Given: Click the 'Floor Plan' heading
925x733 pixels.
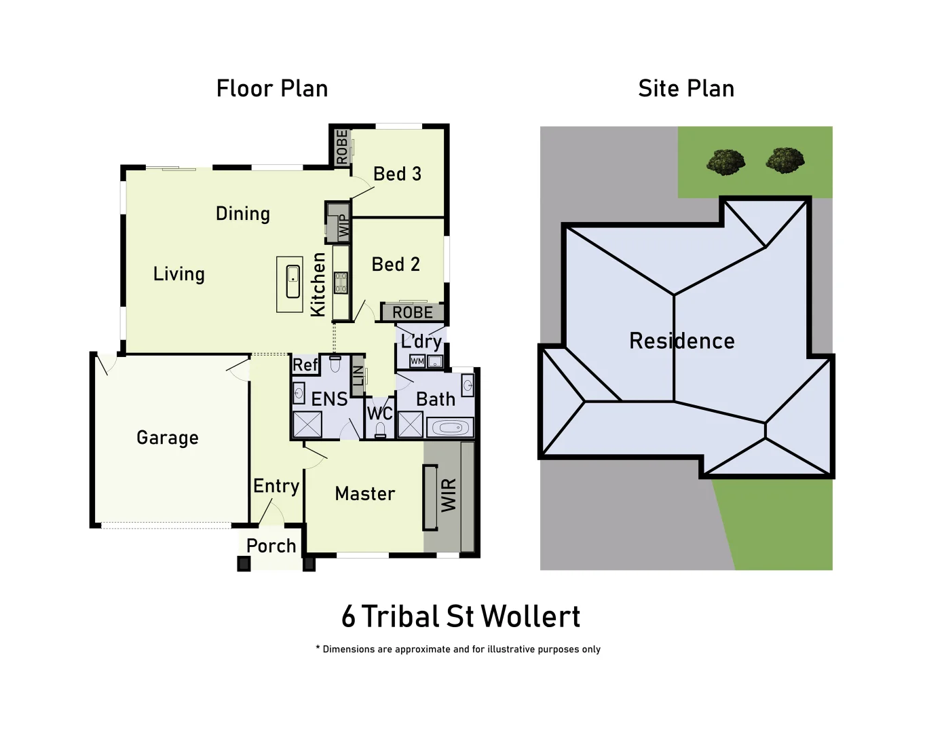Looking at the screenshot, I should (x=271, y=89).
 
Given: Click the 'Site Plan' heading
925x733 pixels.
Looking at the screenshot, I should (x=685, y=89).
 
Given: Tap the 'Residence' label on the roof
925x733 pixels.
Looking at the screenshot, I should (x=681, y=341).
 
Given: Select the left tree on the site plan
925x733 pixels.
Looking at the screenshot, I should (x=725, y=162).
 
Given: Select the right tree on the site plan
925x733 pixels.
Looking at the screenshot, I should (x=785, y=160).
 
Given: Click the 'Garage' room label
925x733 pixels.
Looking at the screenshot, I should (x=168, y=438).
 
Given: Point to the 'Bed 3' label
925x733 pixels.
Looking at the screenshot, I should (x=397, y=174).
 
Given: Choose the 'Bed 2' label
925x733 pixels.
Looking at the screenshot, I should (x=396, y=265).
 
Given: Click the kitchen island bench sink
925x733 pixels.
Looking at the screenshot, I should (x=292, y=282).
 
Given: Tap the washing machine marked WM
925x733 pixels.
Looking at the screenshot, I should (x=417, y=361).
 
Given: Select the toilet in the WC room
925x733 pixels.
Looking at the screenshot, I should (x=380, y=430).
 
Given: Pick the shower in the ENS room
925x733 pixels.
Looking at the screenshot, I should (x=307, y=425).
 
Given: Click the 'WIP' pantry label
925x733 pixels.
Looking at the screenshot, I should (x=343, y=226).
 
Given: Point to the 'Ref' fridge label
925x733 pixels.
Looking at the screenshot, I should (x=305, y=365).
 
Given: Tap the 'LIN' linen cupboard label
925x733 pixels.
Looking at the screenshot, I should (x=358, y=375).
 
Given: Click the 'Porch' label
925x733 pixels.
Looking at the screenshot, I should (x=271, y=546).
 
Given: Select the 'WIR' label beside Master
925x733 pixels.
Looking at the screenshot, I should (x=449, y=495).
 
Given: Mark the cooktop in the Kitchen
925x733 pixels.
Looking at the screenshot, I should (x=341, y=282).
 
